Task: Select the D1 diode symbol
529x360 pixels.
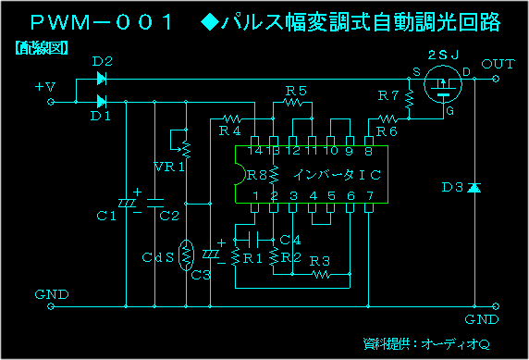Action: click(101, 100)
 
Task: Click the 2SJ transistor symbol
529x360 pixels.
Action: click(442, 87)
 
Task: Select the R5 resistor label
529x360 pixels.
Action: click(296, 91)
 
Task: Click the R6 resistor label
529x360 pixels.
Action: click(387, 132)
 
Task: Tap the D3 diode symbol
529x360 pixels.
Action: click(474, 188)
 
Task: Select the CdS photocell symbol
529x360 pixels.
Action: click(186, 254)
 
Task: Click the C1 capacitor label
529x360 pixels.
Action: click(106, 217)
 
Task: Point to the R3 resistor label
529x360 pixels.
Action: click(321, 261)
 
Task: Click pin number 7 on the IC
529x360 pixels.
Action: click(369, 196)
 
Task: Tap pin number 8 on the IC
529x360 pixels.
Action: click(369, 150)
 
